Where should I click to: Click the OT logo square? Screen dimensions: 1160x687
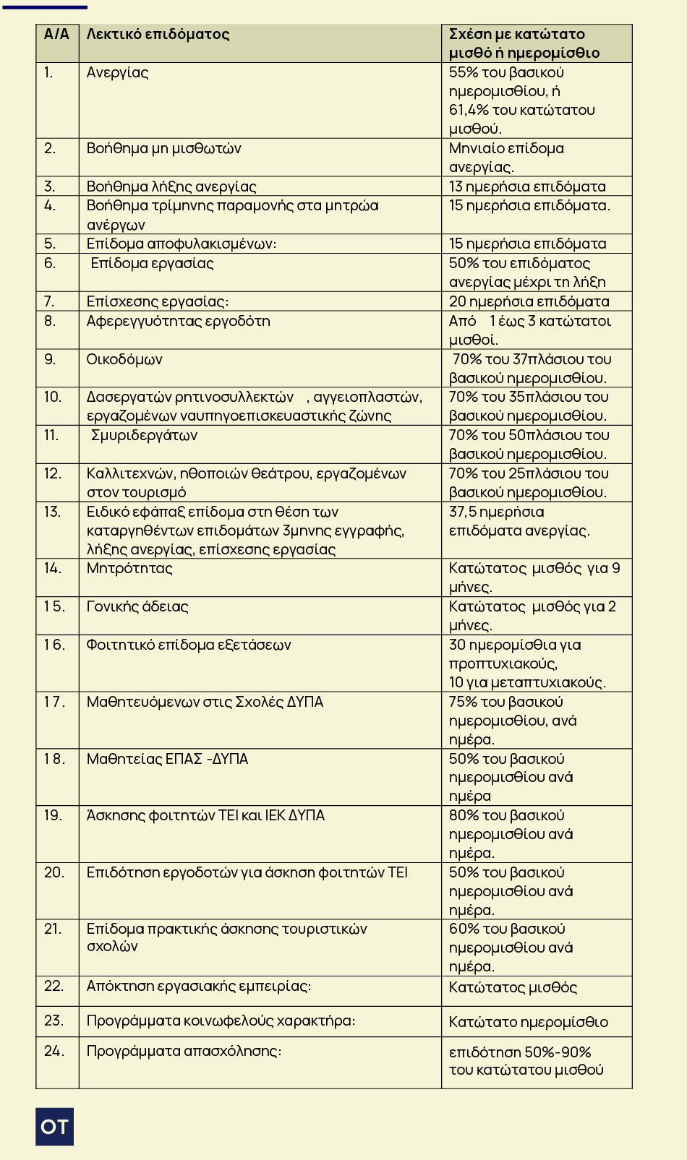click(54, 1126)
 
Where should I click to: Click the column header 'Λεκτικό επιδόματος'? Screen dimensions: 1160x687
click(158, 34)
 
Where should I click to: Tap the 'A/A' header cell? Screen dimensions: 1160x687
click(56, 34)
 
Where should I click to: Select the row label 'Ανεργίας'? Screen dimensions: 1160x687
click(117, 72)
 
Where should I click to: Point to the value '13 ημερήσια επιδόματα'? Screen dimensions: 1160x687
click(527, 186)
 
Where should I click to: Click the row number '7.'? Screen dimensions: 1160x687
click(49, 301)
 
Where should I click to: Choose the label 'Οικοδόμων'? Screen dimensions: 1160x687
click(124, 359)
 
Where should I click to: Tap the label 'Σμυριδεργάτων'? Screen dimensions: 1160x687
click(144, 435)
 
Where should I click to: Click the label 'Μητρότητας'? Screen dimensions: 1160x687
click(129, 568)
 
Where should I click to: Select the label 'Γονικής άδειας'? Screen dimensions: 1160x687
click(137, 606)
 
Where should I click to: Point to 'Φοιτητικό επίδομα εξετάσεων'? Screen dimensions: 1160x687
click(189, 645)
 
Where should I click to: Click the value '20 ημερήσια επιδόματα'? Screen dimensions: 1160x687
click(529, 301)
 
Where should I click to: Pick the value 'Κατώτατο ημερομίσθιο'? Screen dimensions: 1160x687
click(528, 1022)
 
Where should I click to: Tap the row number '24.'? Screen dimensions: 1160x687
click(54, 1051)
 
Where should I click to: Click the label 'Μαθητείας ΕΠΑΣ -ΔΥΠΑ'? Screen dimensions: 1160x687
click(167, 759)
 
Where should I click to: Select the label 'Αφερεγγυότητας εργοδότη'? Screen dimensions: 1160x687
click(178, 321)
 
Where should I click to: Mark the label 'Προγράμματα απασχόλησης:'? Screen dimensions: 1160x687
click(184, 1051)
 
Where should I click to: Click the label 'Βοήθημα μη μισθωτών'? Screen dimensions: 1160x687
click(163, 148)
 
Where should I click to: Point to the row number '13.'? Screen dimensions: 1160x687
click(52, 512)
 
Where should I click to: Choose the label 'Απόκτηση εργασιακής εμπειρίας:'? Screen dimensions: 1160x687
click(199, 986)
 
